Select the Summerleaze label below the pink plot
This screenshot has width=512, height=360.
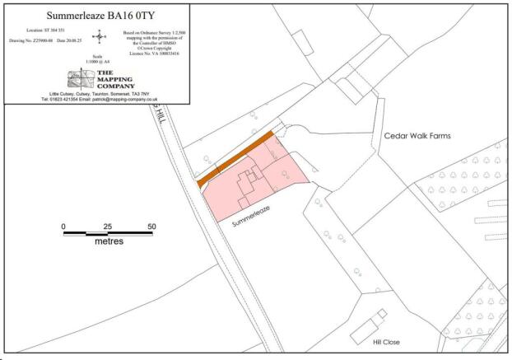251,216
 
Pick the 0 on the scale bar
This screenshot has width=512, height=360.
63,226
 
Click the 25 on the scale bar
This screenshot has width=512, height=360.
107,226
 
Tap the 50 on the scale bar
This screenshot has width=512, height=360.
151,226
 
